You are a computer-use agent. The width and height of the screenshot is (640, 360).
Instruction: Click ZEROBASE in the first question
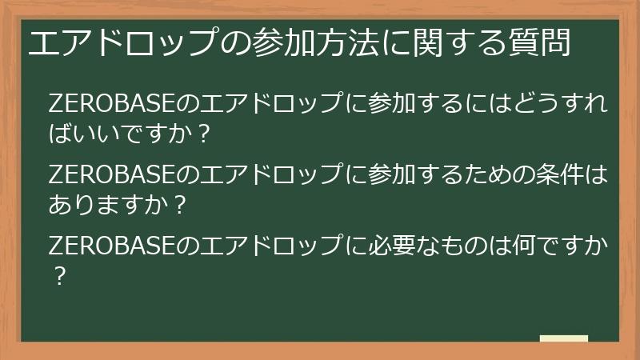point(112,103)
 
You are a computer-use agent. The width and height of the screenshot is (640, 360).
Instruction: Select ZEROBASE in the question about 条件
point(112,174)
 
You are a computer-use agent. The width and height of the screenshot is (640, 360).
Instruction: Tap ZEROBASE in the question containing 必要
point(112,246)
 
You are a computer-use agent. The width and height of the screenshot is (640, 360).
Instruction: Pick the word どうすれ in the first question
point(561,103)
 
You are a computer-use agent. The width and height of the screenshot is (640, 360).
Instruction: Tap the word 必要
point(392,246)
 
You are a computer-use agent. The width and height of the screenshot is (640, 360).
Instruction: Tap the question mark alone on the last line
point(59,276)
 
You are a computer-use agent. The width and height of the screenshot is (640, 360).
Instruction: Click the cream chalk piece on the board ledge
point(564,338)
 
